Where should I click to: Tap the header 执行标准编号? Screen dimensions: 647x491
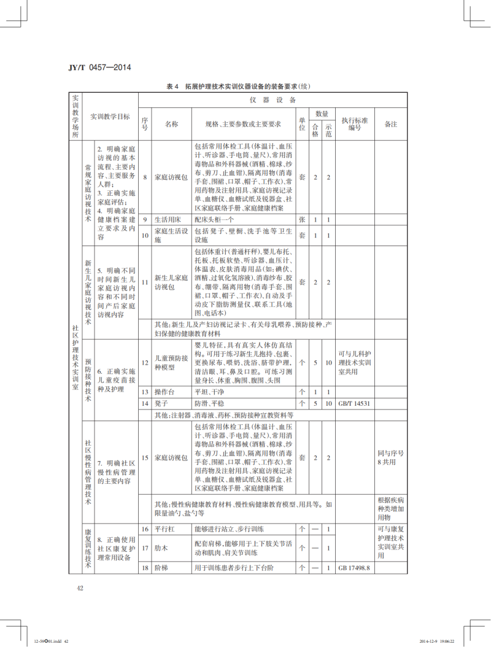pos(355,124)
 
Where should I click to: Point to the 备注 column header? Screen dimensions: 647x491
pos(391,124)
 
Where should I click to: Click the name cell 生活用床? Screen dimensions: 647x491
pos(166,220)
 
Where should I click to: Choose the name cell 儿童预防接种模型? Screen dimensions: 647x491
pos(171,363)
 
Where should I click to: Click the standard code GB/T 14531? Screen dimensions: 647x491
pos(355,403)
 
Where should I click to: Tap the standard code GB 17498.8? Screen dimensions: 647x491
pos(355,568)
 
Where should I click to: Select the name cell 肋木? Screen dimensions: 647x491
pos(160,548)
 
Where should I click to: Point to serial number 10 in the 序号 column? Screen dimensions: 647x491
pos(145,235)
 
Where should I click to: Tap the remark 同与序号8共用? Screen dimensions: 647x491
pos(391,458)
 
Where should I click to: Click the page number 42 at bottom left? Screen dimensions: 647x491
pos(80,588)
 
